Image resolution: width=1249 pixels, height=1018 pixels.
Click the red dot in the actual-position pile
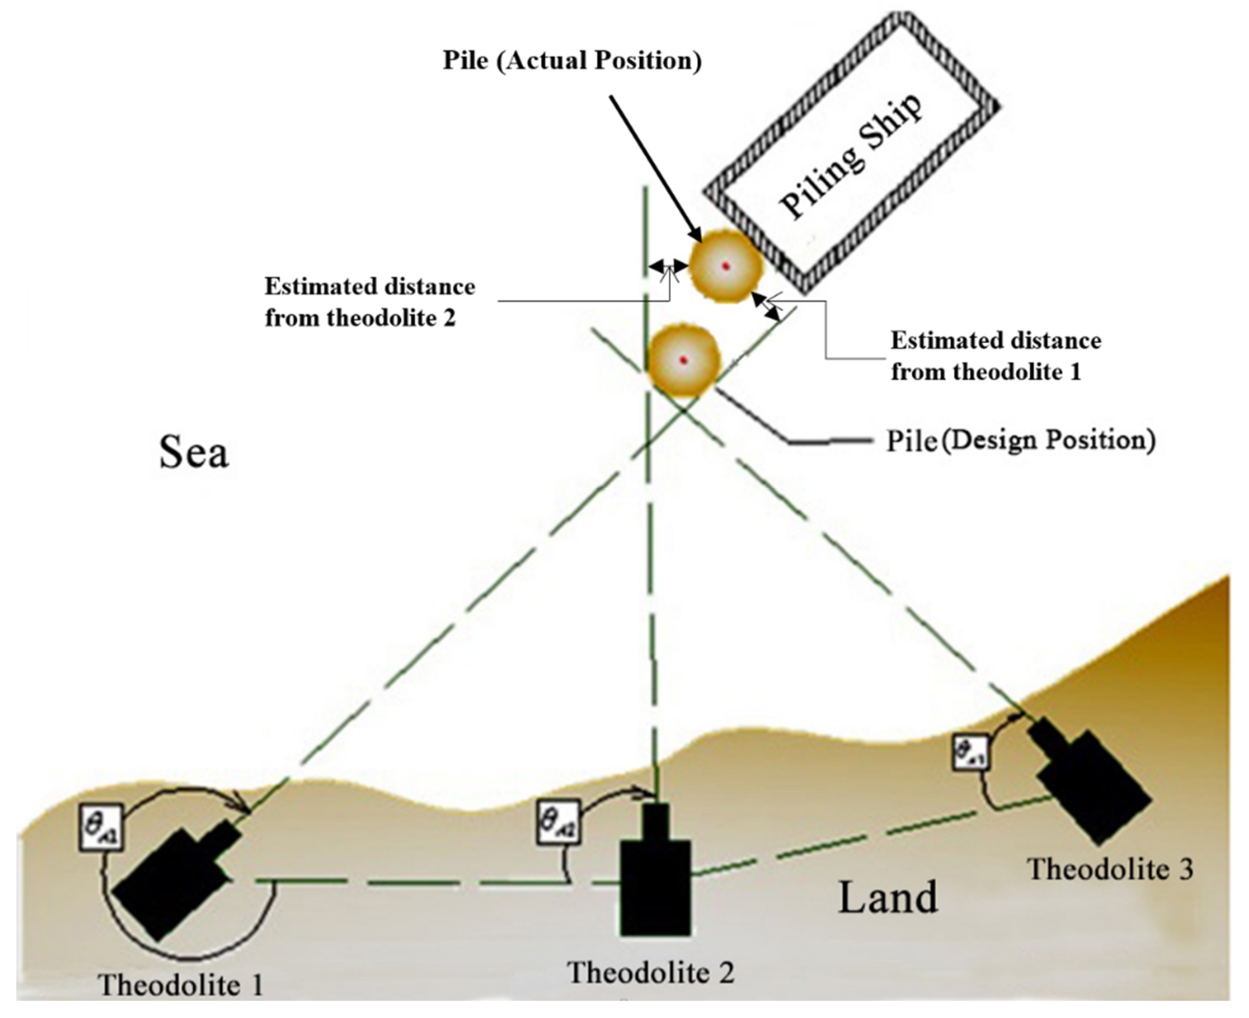726,266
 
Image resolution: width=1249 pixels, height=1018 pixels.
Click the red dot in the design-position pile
683,360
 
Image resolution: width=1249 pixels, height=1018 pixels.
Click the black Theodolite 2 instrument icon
655,880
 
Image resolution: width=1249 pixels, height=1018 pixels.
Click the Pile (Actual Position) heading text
572,61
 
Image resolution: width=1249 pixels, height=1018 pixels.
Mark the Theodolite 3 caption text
1110,869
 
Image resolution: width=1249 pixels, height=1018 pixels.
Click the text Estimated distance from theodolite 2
370,302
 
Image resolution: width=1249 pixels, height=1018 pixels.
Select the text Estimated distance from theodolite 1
996,356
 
